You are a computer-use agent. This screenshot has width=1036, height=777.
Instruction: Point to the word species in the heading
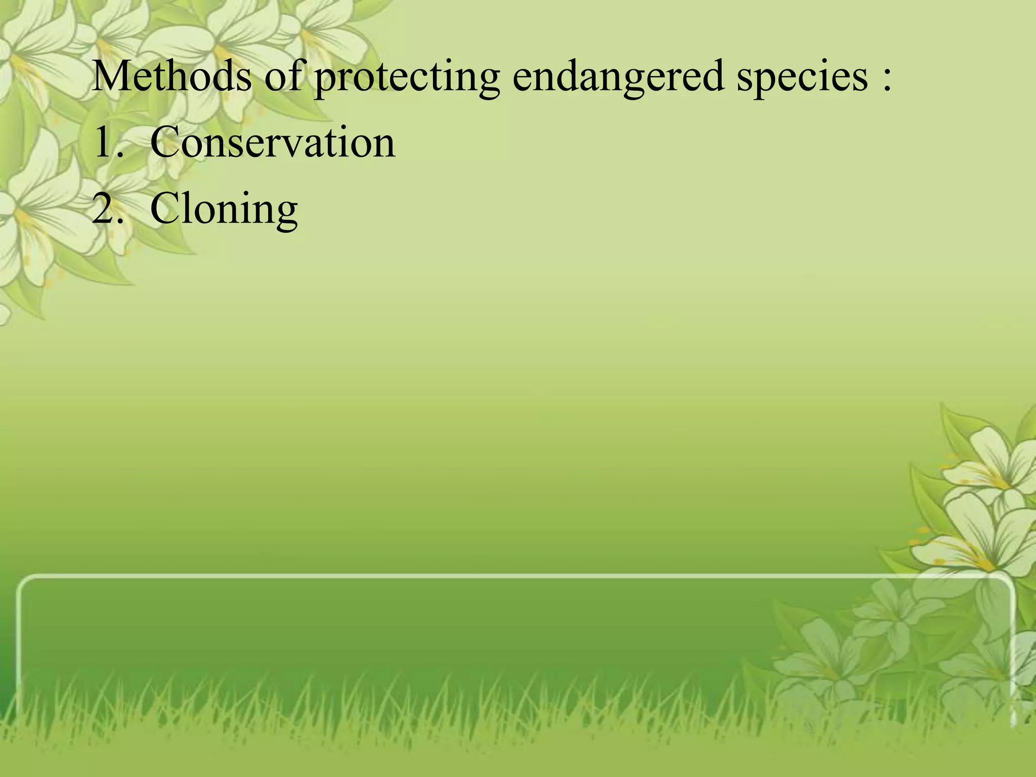coord(802,78)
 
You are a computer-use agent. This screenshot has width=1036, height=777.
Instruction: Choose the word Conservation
coord(273,143)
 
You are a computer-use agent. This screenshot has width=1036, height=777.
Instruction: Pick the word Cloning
coord(224,209)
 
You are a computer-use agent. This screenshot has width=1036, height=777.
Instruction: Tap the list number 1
coord(104,143)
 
